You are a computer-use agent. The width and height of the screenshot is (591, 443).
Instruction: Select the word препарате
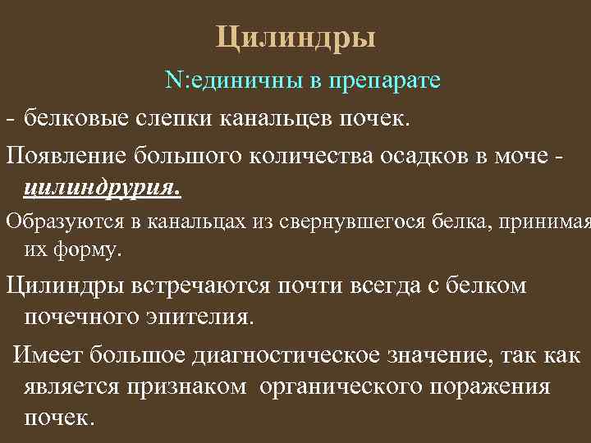coord(386,81)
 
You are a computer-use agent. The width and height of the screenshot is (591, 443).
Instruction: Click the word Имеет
coord(48,355)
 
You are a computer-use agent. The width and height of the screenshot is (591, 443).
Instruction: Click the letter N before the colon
coord(171,81)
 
